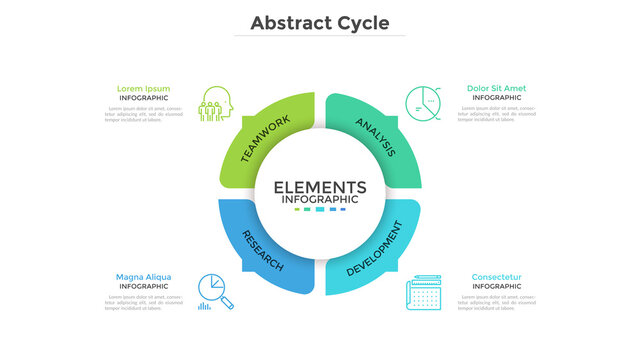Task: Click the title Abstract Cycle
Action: pyautogui.click(x=320, y=22)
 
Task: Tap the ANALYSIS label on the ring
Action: pyautogui.click(x=375, y=137)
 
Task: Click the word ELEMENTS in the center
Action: pyautogui.click(x=320, y=187)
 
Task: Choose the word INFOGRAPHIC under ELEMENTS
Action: pyautogui.click(x=320, y=199)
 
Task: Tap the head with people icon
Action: pyautogui.click(x=214, y=104)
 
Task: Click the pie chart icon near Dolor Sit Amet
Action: pyautogui.click(x=423, y=102)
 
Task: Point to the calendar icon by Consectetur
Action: pyautogui.click(x=424, y=292)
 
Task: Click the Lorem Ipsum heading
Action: pyautogui.click(x=143, y=88)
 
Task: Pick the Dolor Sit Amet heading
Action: pyautogui.click(x=496, y=88)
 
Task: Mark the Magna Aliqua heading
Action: pyautogui.click(x=143, y=277)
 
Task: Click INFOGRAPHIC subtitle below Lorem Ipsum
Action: pyautogui.click(x=143, y=98)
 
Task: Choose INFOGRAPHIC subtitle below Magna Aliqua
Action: pyautogui.click(x=143, y=287)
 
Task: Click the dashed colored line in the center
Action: pyautogui.click(x=320, y=209)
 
